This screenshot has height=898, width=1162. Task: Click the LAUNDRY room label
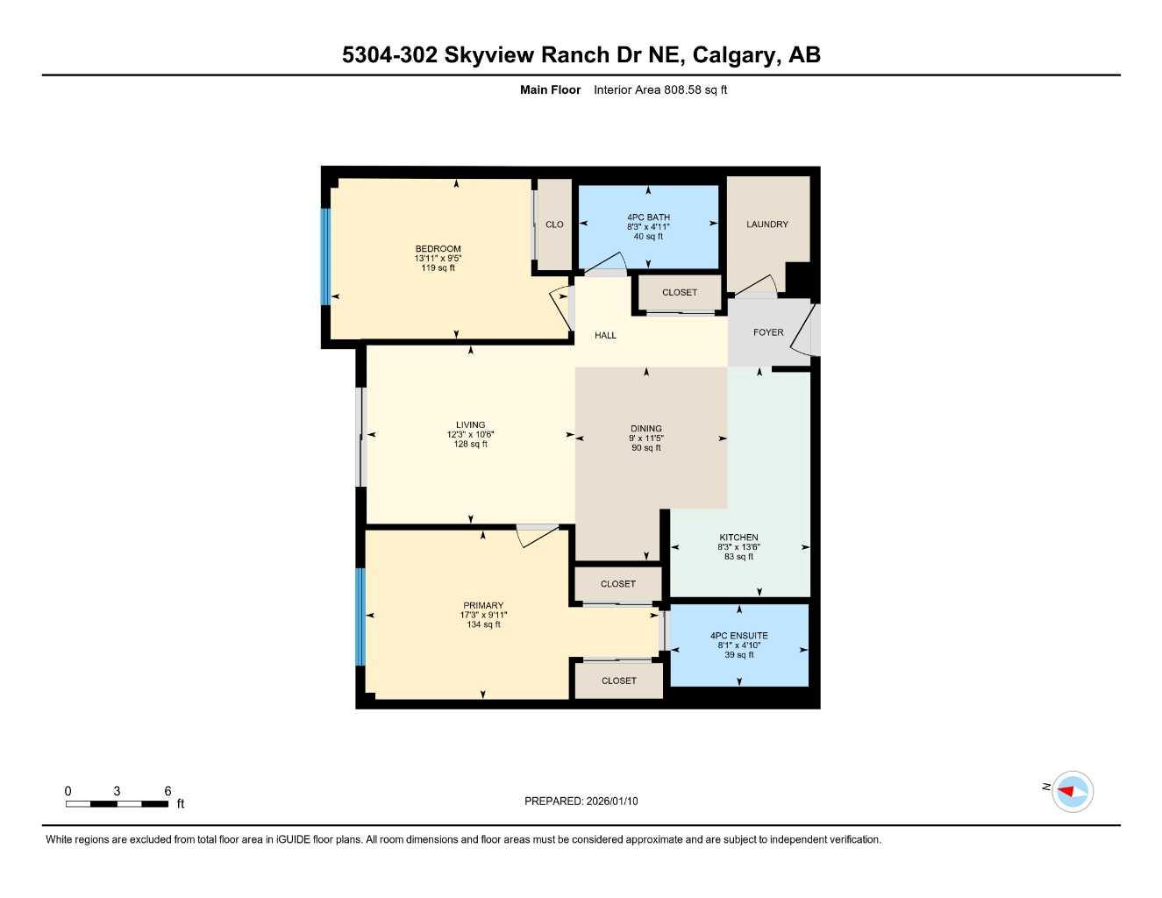point(766,224)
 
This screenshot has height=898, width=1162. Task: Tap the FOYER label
point(768,332)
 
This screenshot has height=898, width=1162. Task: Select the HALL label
point(605,335)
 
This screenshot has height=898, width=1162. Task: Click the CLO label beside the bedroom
point(554,224)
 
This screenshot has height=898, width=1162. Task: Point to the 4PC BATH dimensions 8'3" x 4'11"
point(648,226)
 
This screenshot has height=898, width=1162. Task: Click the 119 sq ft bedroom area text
point(438,267)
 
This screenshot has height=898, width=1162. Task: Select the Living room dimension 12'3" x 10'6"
point(470,435)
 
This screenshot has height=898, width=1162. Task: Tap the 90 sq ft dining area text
point(646,448)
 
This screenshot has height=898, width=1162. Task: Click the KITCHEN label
point(738,538)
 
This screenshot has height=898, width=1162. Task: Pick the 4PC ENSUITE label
point(738,636)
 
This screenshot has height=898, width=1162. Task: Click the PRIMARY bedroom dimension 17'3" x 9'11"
point(483,615)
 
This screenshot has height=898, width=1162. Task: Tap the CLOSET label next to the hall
point(679,292)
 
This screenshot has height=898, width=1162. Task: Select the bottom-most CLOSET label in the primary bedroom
point(618,681)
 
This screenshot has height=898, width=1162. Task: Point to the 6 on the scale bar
point(168,791)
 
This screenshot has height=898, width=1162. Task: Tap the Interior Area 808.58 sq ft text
point(660,89)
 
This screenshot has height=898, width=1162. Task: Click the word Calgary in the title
point(732,54)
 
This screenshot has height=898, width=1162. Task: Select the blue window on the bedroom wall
point(325,256)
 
